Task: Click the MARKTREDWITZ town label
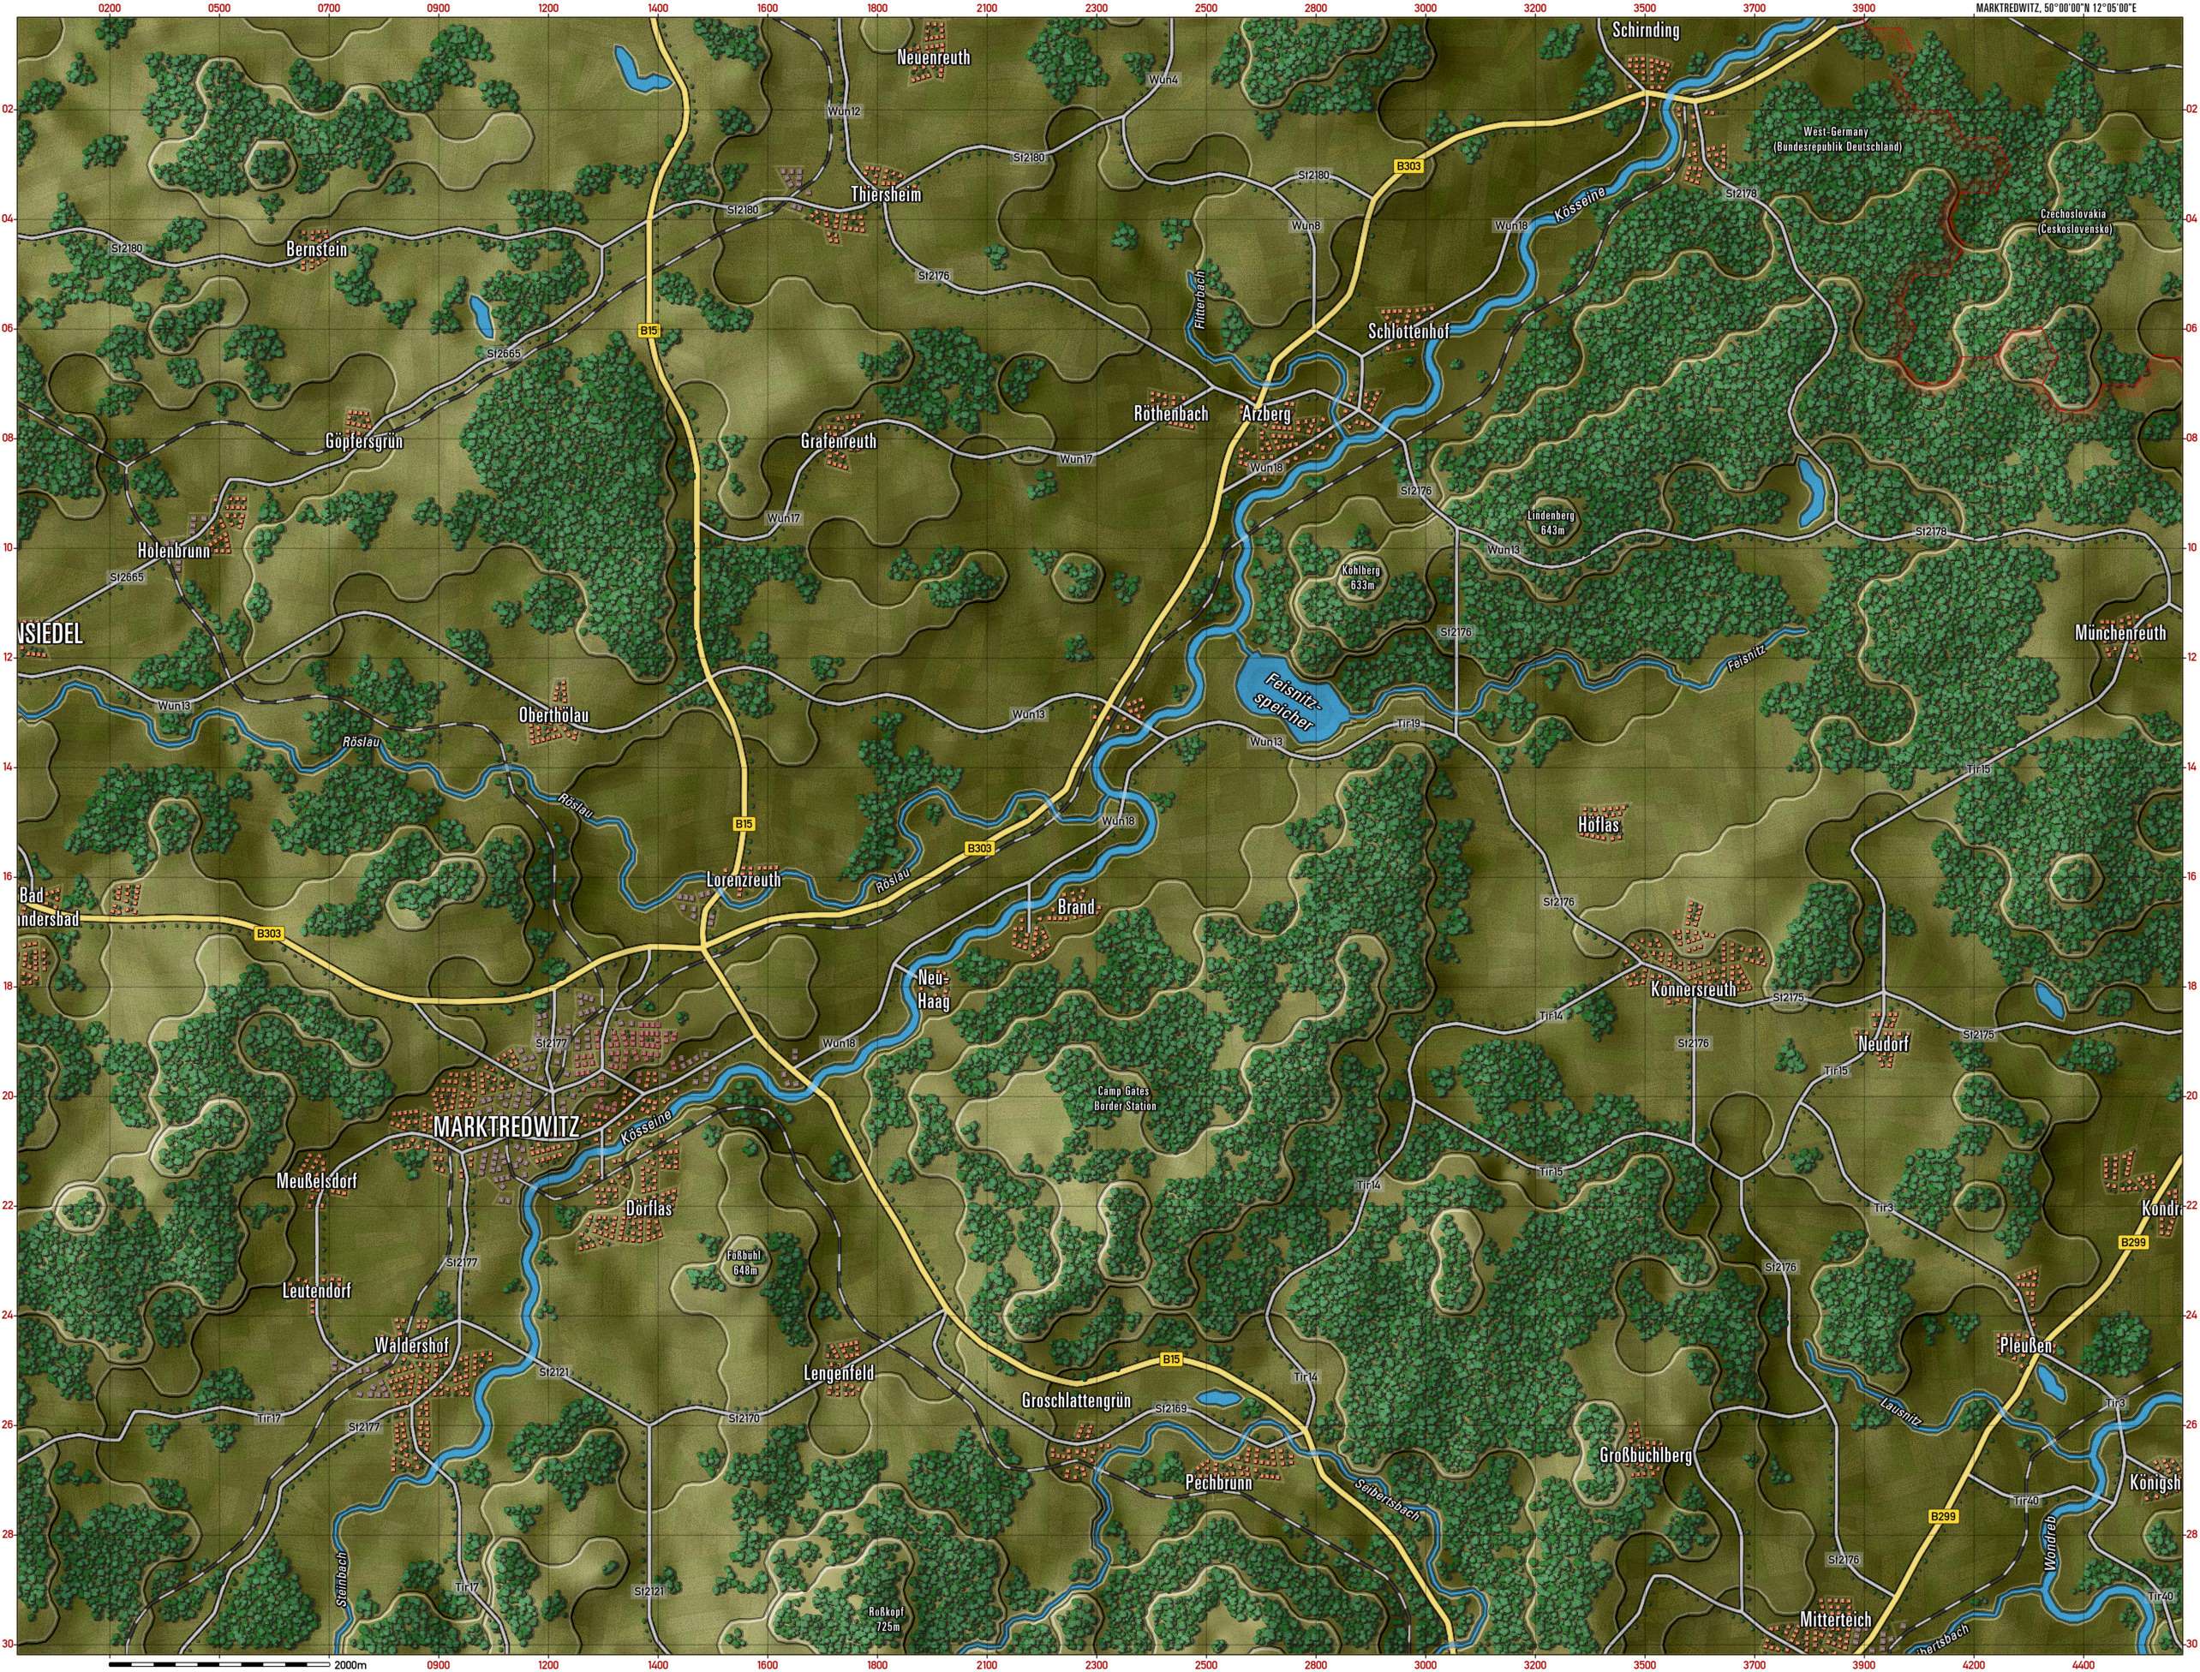pos(505,1126)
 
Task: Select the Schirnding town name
pos(1646,30)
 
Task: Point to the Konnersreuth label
pos(1692,988)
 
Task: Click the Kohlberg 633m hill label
pos(1360,578)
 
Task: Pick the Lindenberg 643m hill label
pos(1551,523)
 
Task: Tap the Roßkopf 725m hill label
pos(885,1619)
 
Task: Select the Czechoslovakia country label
pos(2073,221)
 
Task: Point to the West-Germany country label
pos(1837,140)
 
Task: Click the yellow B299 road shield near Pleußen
pos(2132,1243)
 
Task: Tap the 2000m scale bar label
pos(351,1664)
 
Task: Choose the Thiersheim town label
pos(885,195)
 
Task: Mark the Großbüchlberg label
pos(1646,1456)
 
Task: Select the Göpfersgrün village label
pos(363,441)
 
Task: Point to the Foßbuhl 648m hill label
pos(744,1263)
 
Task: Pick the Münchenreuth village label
pos(2119,633)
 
